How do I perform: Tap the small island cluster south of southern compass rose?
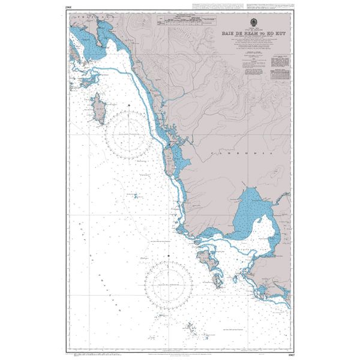coord(191,328)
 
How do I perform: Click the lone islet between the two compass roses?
coord(136,196)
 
